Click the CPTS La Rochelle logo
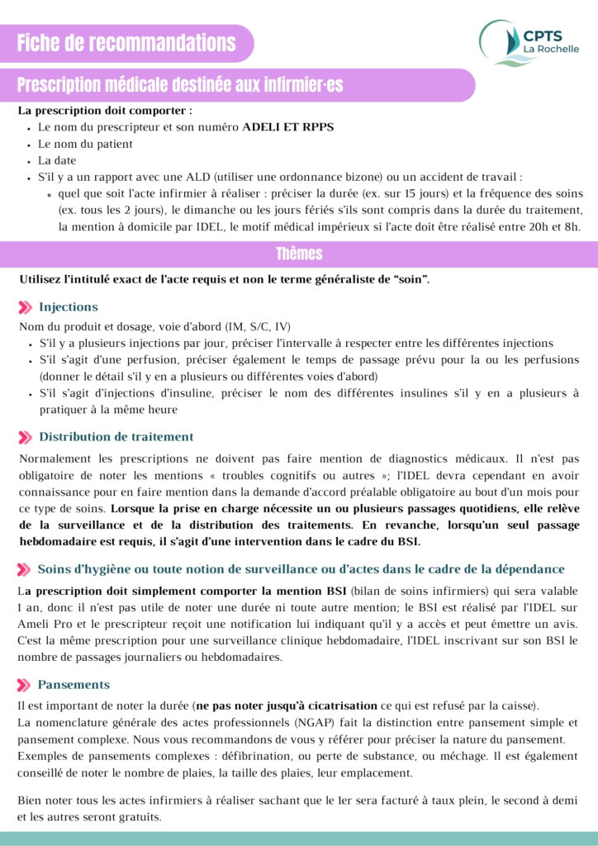click(529, 42)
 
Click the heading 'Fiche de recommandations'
click(126, 43)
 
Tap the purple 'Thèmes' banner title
click(299, 254)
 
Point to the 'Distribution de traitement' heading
click(116, 437)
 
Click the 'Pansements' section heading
click(74, 685)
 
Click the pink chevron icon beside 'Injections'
click(26, 307)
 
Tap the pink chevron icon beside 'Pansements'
click(26, 685)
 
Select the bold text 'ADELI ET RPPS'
click(287, 127)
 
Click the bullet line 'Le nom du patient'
click(85, 144)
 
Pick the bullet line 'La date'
click(56, 160)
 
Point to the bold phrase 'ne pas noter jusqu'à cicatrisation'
click(286, 706)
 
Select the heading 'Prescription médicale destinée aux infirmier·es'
click(180, 85)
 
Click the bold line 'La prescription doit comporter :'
click(105, 110)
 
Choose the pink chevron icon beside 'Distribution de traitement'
click(26, 437)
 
